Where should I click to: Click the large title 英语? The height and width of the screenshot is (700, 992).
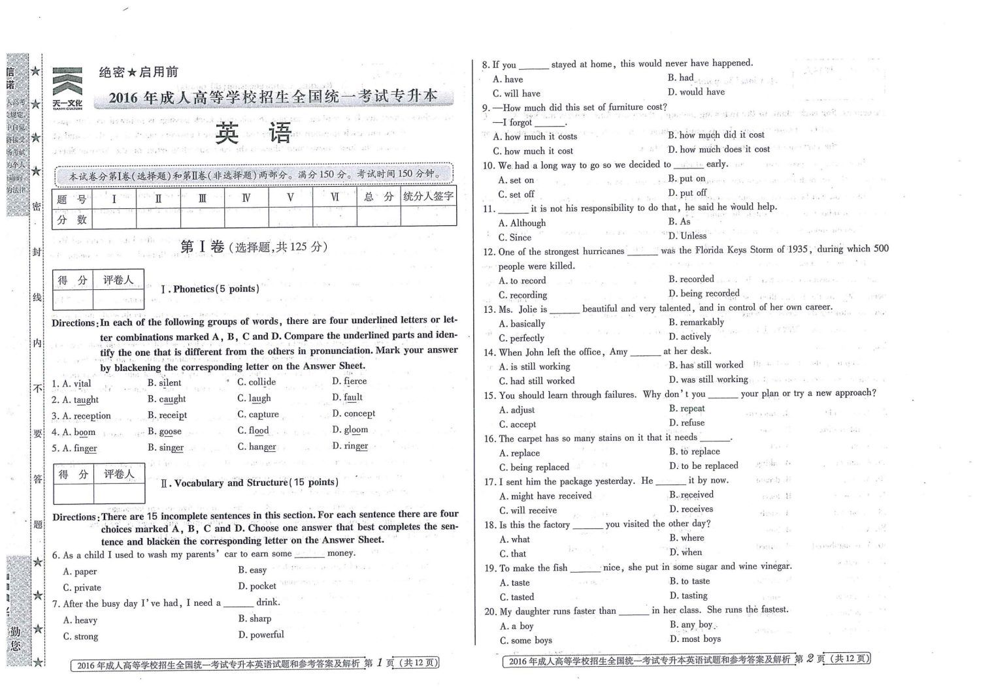coord(254,134)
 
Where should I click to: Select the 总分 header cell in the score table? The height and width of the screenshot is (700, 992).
coord(378,197)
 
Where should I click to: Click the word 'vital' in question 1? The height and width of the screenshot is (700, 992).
coord(82,383)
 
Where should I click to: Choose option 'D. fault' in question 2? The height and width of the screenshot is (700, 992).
coord(347,397)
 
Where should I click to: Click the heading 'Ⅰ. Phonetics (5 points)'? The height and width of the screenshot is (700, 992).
coord(210,289)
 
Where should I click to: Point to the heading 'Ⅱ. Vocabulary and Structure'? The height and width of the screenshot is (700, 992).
coord(250,483)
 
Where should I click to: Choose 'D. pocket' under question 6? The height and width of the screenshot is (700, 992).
coord(257,586)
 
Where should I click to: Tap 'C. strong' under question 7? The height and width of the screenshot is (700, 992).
coord(80,636)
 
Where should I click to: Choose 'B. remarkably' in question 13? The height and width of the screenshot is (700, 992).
coord(696,322)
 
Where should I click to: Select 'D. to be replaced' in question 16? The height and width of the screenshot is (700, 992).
coord(703,466)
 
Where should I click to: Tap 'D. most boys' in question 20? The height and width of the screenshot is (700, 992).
coord(695,639)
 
